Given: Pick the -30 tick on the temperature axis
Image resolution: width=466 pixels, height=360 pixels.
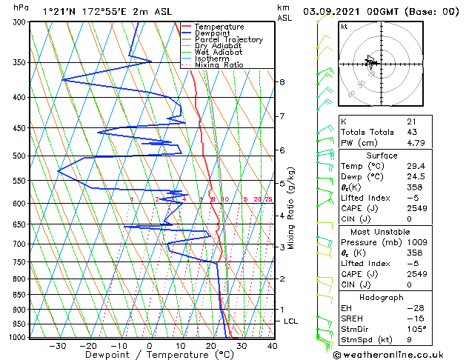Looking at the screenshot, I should click(57, 345).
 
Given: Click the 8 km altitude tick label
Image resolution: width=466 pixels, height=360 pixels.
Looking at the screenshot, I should click(282, 81).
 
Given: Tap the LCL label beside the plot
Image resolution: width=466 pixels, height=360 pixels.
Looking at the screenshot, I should click(291, 321).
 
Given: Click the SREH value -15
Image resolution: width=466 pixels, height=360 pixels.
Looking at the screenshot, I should click(413, 319).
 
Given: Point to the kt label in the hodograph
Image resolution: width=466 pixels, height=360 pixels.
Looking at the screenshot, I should click(344, 26).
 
